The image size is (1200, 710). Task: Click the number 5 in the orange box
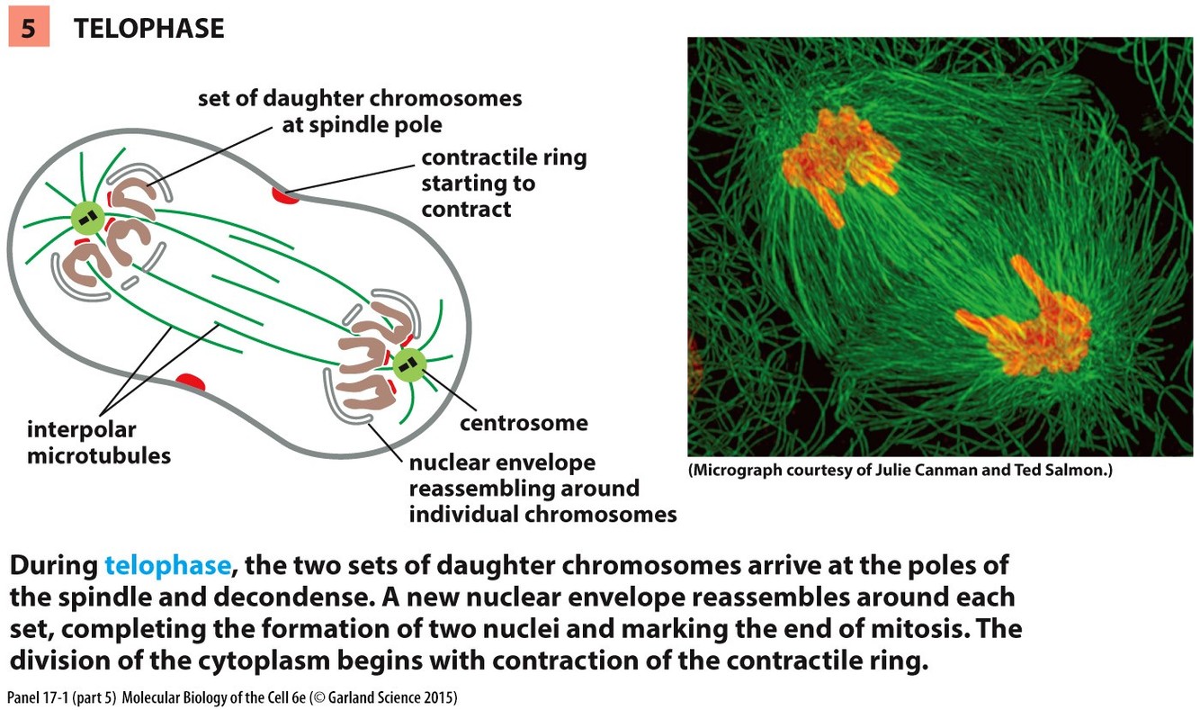[29, 29]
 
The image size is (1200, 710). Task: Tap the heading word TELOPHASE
[148, 29]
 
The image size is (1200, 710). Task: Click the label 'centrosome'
[524, 423]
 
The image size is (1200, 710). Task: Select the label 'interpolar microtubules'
[99, 442]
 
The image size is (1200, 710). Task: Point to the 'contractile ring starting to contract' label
[504, 184]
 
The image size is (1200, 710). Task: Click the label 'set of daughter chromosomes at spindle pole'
[360, 110]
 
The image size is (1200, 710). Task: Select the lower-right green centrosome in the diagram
[409, 364]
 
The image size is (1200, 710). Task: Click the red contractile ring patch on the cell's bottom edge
[190, 383]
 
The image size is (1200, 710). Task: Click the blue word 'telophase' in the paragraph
[168, 566]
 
